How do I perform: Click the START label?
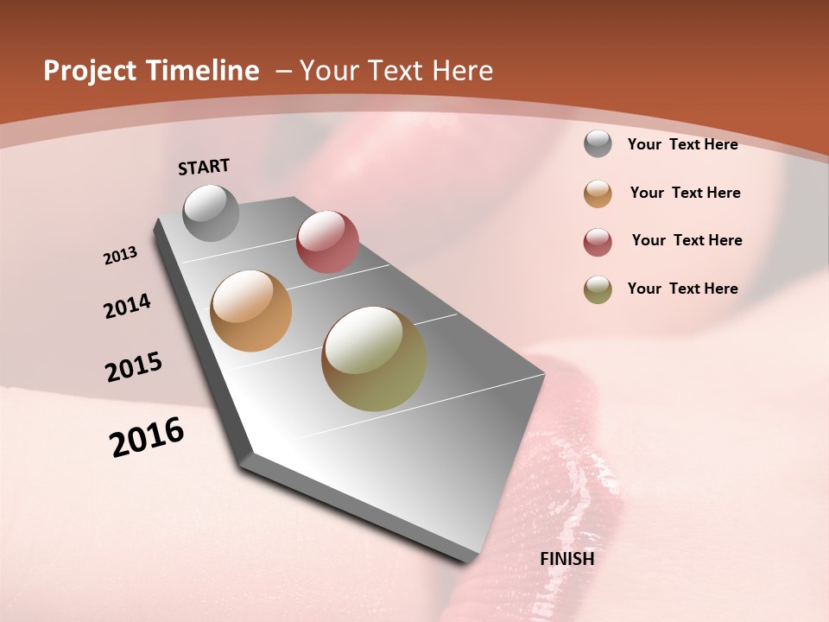click(x=204, y=167)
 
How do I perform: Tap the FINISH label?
click(x=566, y=559)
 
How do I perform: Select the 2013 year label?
click(x=120, y=256)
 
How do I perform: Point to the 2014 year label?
click(x=127, y=306)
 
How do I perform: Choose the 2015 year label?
click(x=134, y=367)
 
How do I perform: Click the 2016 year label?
click(x=147, y=437)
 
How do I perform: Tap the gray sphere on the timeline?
click(x=211, y=213)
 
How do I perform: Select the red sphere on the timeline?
click(x=327, y=241)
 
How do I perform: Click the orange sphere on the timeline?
click(x=250, y=311)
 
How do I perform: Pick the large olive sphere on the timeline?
click(x=374, y=359)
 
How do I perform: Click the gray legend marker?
click(x=598, y=144)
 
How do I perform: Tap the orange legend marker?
click(x=598, y=194)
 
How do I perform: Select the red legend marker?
click(x=598, y=242)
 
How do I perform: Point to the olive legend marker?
click(x=598, y=289)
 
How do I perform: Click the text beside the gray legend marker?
click(x=682, y=145)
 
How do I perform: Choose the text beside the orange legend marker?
click(x=685, y=193)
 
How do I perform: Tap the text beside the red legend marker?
click(x=687, y=240)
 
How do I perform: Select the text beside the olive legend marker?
click(x=682, y=289)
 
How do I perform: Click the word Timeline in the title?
click(x=201, y=71)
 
